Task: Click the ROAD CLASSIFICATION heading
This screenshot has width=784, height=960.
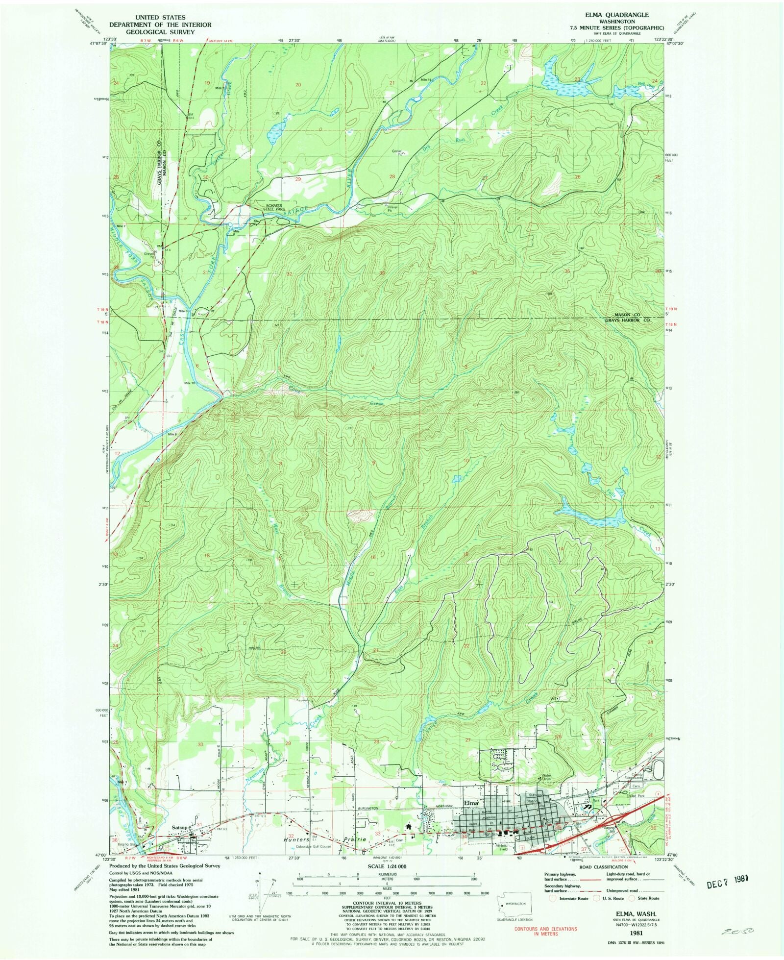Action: pyautogui.click(x=602, y=866)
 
